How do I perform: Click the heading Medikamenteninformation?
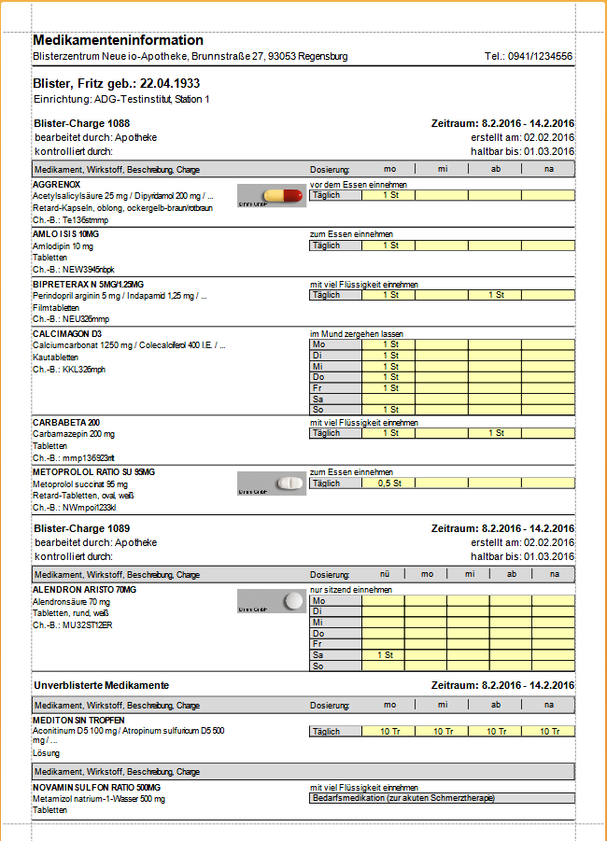coord(118,40)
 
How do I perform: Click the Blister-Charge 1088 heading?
coord(81,123)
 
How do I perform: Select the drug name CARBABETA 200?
coord(64,423)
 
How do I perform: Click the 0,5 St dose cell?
coord(388,484)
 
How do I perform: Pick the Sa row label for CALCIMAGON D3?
coord(334,399)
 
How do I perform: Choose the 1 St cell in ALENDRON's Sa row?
coord(383,655)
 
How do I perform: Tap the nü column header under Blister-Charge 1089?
coord(383,574)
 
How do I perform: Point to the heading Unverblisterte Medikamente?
coord(101,685)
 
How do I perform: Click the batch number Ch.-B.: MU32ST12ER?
coord(73,624)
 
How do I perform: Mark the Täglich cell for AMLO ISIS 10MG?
coord(334,245)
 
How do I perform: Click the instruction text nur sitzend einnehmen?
coord(350,590)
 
